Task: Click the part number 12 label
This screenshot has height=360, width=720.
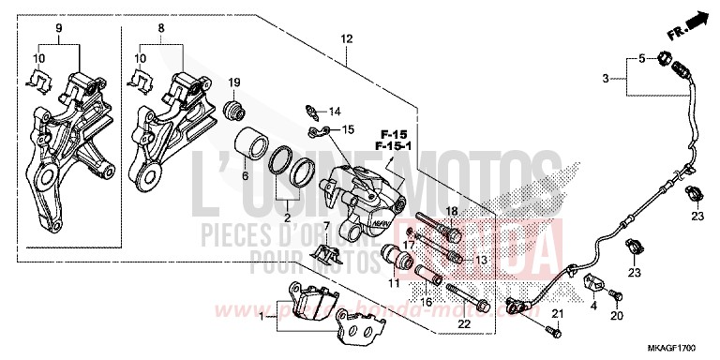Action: pos(347,38)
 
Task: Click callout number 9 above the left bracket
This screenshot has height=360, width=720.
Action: pos(59,29)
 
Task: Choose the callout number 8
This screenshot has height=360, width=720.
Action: pos(160,29)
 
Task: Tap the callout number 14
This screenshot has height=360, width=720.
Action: pos(336,112)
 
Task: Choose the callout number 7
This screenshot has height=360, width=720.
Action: pos(325,226)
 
